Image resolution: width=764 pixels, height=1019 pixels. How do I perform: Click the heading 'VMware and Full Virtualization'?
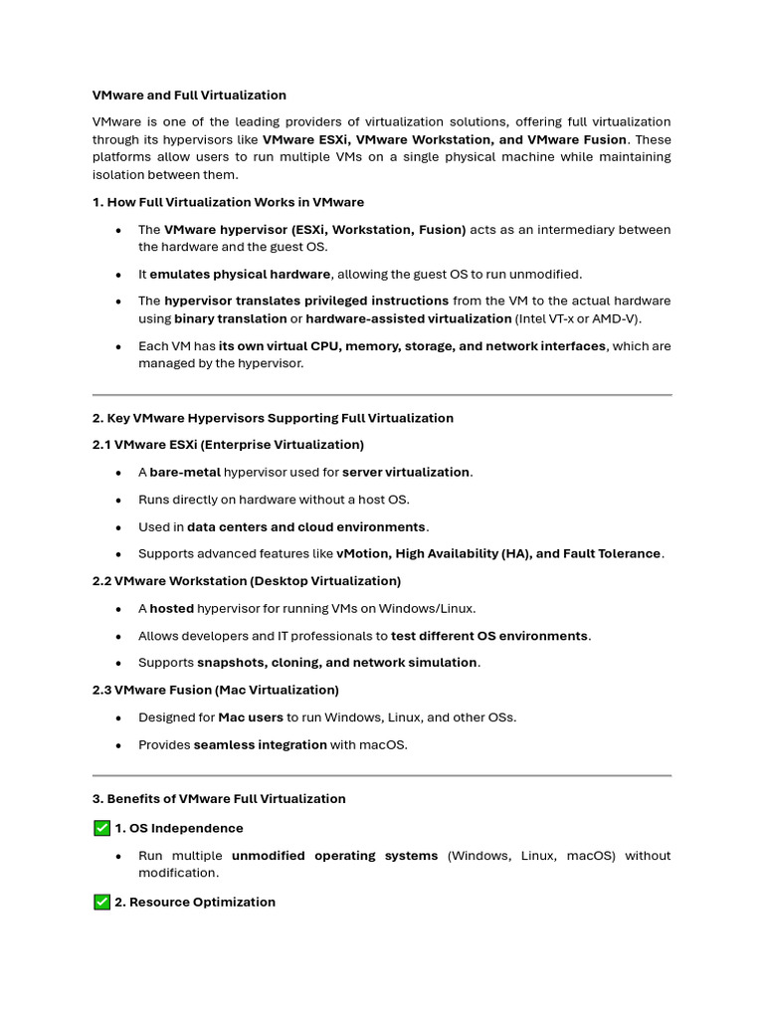tap(189, 96)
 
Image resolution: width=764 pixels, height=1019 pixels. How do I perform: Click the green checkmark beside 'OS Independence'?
tap(101, 828)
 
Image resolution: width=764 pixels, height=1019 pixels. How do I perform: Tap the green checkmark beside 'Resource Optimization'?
tap(101, 902)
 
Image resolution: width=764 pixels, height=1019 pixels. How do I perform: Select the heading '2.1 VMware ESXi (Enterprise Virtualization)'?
tap(228, 445)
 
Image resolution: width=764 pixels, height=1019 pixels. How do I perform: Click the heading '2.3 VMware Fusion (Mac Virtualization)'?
tap(216, 690)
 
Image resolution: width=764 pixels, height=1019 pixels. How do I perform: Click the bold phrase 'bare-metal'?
tap(185, 473)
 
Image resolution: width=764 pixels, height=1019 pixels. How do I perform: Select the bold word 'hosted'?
tap(171, 608)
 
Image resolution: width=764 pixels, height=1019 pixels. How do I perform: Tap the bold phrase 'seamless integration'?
tap(260, 744)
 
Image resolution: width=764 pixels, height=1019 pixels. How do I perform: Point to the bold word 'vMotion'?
tap(362, 554)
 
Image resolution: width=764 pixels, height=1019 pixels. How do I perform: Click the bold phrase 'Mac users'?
tap(251, 717)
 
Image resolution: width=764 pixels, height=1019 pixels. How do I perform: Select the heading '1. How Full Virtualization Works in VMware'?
tap(228, 202)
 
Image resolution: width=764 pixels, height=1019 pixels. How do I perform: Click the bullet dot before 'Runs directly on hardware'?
tap(119, 501)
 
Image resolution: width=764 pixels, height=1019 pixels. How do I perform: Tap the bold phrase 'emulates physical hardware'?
tap(240, 274)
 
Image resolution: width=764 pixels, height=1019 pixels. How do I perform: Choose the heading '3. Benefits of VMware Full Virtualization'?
tap(219, 799)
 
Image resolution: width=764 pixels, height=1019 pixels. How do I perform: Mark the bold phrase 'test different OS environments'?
tap(489, 636)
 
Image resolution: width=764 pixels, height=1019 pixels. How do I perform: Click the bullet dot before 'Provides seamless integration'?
tap(119, 745)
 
